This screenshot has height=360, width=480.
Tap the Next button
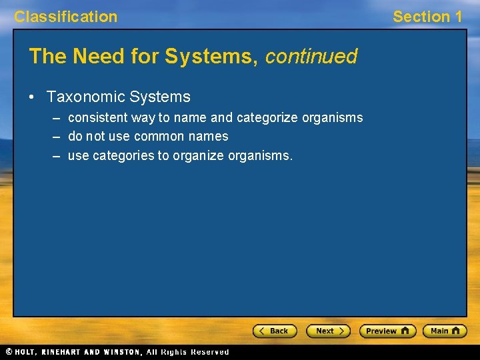(328, 331)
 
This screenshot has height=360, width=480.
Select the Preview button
(387, 331)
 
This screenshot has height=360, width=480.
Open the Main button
(445, 331)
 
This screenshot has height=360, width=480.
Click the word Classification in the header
(65, 17)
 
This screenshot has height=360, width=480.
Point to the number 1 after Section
(457, 17)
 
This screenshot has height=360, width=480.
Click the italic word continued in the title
(311, 57)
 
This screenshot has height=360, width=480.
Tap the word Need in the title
(94, 57)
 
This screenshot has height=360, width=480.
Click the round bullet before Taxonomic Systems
(32, 97)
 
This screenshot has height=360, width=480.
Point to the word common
(158, 137)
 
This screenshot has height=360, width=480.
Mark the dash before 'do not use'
(55, 137)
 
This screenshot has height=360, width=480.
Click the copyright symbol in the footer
(9, 352)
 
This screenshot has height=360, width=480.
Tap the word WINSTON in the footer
(121, 352)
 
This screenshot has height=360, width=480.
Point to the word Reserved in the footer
(210, 352)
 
